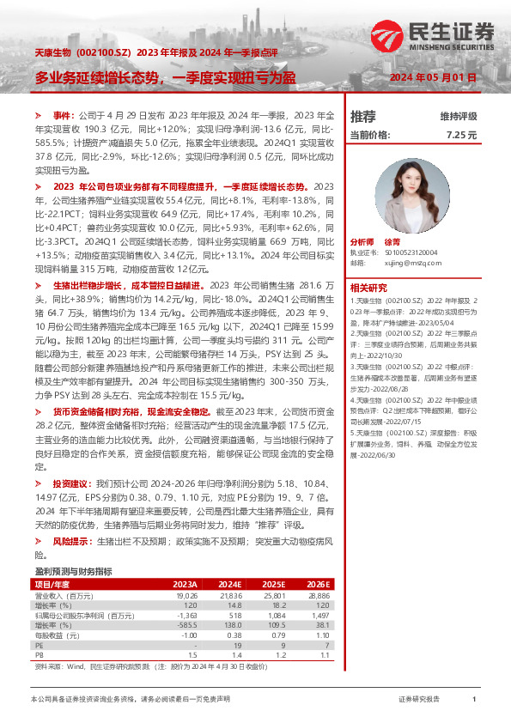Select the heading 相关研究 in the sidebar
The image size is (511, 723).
369,287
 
